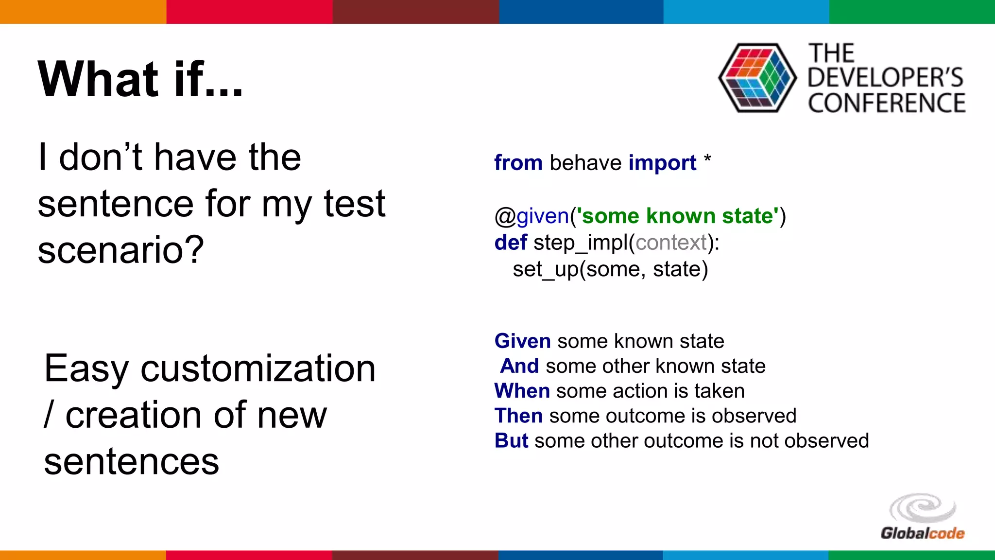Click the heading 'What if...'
pos(140,79)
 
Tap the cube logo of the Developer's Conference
pos(757,78)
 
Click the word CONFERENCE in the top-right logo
pos(887,104)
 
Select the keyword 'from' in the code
pos(518,163)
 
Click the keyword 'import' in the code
pos(662,163)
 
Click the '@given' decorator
pos(532,216)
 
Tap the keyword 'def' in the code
pos(510,242)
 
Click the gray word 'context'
pos(671,242)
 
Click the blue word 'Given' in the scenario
pos(522,341)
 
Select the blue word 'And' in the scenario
pos(519,366)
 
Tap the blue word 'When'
pos(522,391)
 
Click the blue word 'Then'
pos(518,416)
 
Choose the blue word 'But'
pos(511,440)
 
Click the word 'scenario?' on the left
pos(120,250)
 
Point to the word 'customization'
pos(258,368)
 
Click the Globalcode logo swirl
pos(922,509)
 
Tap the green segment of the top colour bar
pos(912,12)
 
